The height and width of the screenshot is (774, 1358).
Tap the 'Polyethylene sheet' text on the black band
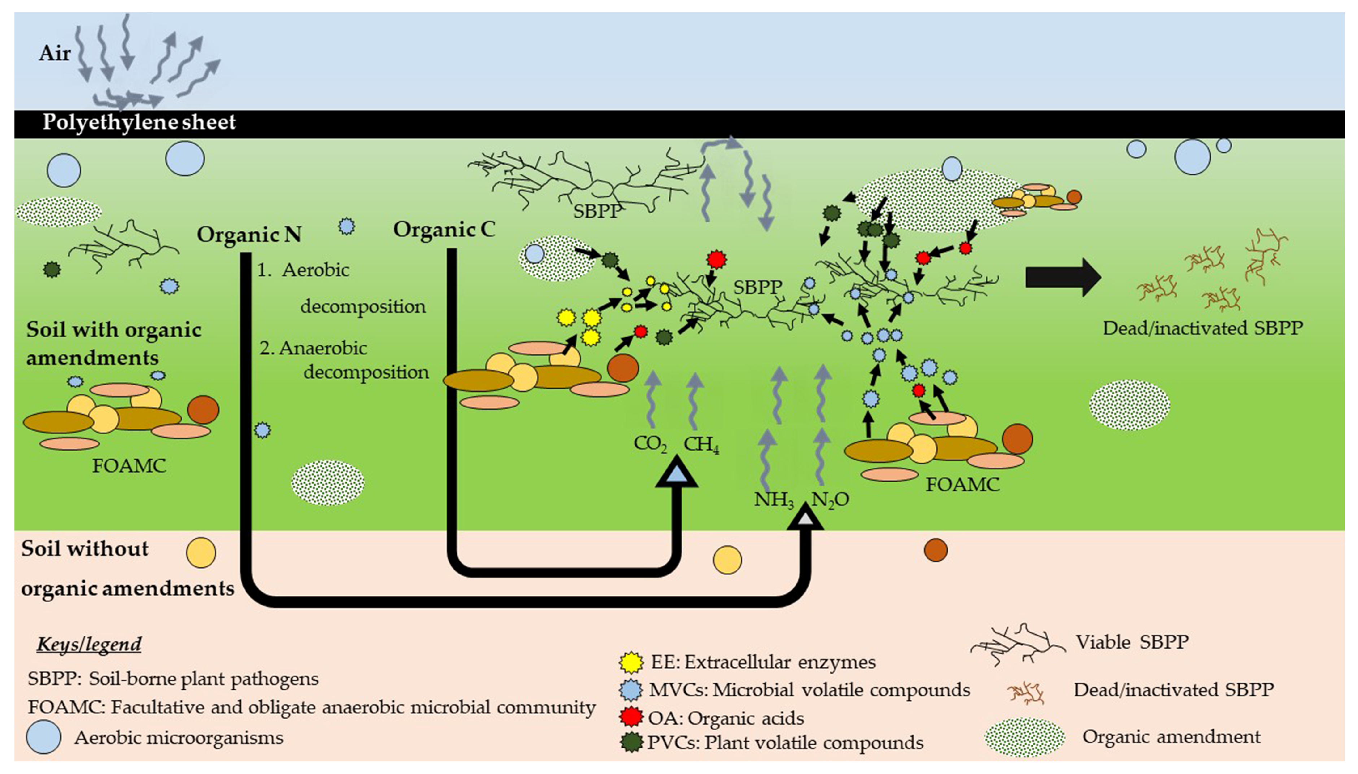(x=139, y=122)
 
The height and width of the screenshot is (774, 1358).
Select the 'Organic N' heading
(x=249, y=234)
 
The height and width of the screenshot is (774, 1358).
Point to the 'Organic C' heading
(x=444, y=229)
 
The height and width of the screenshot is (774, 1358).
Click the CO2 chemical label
(x=649, y=444)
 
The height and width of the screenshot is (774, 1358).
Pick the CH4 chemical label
(x=701, y=444)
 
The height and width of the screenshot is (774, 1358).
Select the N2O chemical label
(x=830, y=500)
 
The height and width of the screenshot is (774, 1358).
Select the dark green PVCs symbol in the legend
(x=631, y=742)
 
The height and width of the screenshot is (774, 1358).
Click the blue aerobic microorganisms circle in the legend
(x=44, y=737)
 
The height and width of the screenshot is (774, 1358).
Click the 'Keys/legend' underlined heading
(x=89, y=644)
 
